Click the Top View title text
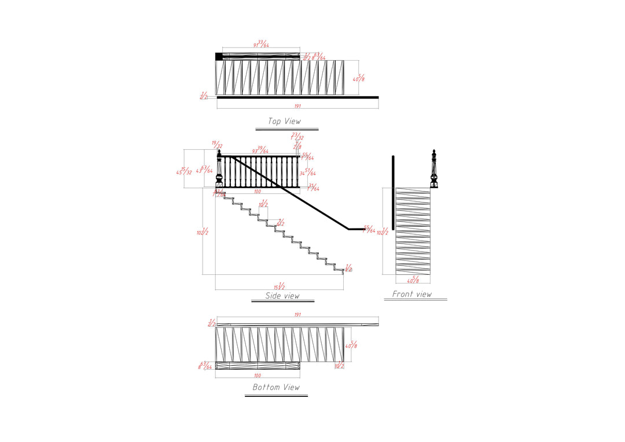point(284,121)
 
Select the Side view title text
point(282,296)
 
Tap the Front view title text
point(412,294)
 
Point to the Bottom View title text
point(276,387)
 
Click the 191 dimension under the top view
point(297,106)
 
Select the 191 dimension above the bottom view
point(297,315)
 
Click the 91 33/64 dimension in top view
point(262,44)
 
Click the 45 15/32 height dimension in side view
point(185,171)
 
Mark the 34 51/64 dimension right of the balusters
point(308,172)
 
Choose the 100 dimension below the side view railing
point(257,191)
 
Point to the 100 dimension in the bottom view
point(257,375)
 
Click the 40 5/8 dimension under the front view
point(413,280)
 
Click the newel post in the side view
point(219,170)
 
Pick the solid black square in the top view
point(219,56)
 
